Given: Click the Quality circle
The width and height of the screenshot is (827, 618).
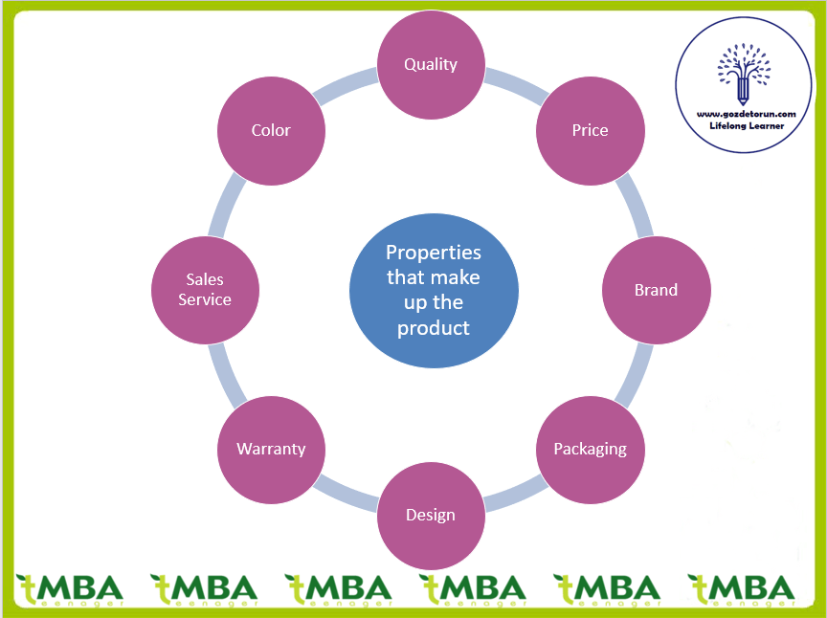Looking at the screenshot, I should click(x=431, y=64).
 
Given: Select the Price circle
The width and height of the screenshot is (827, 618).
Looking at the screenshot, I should click(x=590, y=130).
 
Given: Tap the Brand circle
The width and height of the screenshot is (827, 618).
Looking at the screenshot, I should click(x=656, y=290).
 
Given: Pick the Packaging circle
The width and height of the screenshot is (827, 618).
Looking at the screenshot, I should click(x=590, y=449).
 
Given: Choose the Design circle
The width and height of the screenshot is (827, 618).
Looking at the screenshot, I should click(x=431, y=515).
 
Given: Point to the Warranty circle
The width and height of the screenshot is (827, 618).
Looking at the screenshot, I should click(x=271, y=449).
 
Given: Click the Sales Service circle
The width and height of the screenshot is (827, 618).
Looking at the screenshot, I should click(x=205, y=290).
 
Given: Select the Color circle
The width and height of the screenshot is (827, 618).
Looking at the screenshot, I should click(x=271, y=130).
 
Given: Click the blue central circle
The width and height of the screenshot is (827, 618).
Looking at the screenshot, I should click(x=434, y=290).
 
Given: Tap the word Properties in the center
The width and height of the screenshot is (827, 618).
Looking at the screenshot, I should click(x=434, y=253).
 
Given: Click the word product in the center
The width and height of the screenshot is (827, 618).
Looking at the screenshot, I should click(x=434, y=327).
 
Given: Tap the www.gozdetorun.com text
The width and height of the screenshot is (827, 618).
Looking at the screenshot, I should click(x=747, y=113).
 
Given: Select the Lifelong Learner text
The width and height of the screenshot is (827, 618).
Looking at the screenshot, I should click(x=747, y=125).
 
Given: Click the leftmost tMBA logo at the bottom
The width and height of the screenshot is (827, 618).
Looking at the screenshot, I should click(x=69, y=588).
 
